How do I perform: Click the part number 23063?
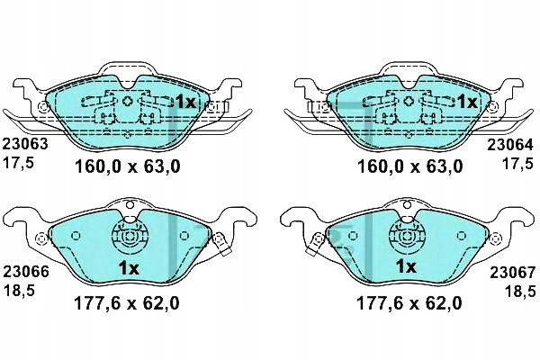tap(25, 144)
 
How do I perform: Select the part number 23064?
tap(509, 145)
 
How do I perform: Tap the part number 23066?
tap(26, 272)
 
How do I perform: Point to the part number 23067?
tap(513, 273)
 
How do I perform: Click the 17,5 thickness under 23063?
tap(18, 162)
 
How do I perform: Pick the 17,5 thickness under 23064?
tap(517, 163)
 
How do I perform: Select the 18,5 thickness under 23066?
tap(19, 291)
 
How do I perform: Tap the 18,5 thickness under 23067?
tap(520, 291)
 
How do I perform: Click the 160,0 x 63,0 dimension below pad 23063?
tap(128, 167)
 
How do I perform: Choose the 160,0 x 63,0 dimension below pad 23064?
tap(410, 167)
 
